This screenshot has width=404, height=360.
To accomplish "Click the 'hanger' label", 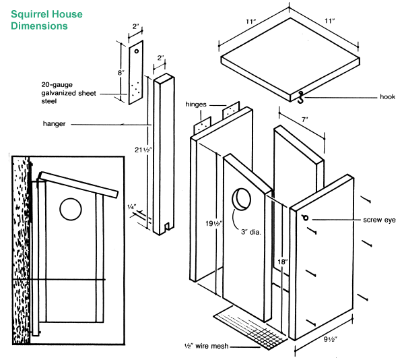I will point(55,124).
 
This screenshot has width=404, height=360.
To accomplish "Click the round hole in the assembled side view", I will point(70,209).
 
